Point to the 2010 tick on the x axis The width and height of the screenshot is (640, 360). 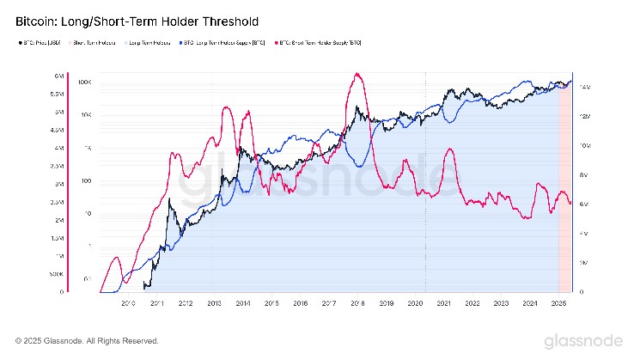[128, 303]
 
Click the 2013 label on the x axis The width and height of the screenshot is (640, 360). [214, 303]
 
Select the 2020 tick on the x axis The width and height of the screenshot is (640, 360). [415, 303]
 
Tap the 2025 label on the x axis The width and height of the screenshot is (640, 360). [558, 303]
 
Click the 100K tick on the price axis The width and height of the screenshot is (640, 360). [84, 82]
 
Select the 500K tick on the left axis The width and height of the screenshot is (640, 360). [57, 275]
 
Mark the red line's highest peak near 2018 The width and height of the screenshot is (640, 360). [356, 74]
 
